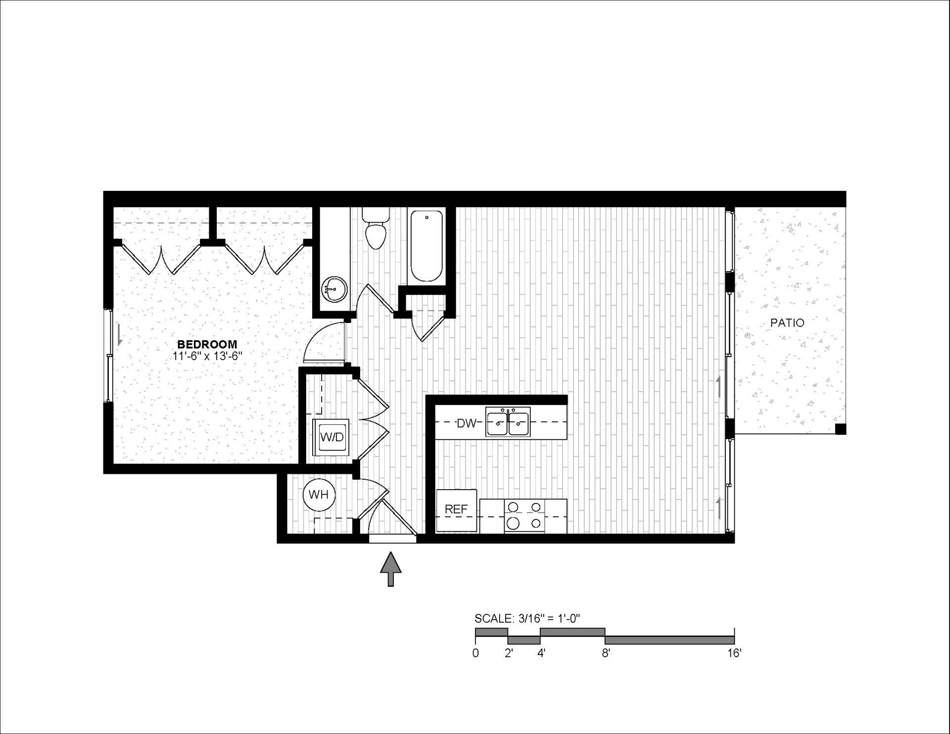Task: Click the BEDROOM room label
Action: tap(207, 344)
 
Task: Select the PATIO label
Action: tap(787, 323)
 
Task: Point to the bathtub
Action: tap(427, 246)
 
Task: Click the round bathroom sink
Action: tap(335, 288)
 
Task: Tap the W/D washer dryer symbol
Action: tap(332, 436)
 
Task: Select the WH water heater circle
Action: tap(319, 494)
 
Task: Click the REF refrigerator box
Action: tap(456, 510)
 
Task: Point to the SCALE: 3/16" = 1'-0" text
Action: tap(526, 618)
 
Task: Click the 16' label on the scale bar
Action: tap(734, 653)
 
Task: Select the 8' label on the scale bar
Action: tap(606, 653)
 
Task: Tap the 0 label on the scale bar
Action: tap(475, 653)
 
